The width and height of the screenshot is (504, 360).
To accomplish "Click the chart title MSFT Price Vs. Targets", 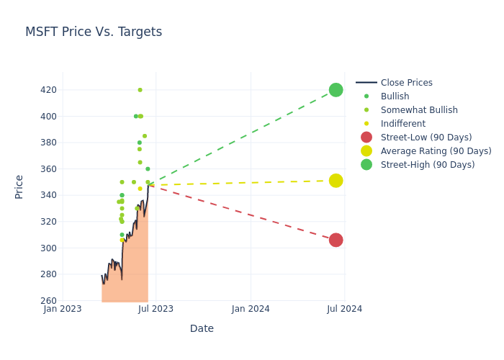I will click(94, 32).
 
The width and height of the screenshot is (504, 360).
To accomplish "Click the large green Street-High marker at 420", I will click(336, 90).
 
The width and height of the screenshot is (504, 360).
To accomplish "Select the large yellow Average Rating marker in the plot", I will click(336, 181).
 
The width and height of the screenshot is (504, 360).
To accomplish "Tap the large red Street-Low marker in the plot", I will click(336, 240).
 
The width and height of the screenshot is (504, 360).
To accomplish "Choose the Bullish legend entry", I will click(395, 96).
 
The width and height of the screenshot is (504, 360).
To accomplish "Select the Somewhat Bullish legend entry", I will click(418, 110).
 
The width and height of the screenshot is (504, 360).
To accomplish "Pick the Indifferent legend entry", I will click(402, 124).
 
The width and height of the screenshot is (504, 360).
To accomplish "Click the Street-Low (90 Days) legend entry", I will click(426, 138).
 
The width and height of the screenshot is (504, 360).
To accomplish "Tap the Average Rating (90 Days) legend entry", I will click(436, 151).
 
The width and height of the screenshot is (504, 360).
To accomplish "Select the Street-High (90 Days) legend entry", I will click(428, 165).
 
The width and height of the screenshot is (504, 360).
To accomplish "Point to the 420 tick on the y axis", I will click(49, 90).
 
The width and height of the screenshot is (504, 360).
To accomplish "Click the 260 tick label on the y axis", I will click(49, 301).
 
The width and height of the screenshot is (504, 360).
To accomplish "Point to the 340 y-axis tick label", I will click(49, 195).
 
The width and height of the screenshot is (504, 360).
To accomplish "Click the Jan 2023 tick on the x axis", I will click(63, 309).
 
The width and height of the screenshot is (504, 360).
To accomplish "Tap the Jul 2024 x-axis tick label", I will click(344, 309).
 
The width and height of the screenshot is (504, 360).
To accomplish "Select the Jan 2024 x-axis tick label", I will click(251, 309).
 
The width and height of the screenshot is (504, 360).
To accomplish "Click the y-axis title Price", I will click(19, 186).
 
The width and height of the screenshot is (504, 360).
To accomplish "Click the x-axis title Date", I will click(202, 328).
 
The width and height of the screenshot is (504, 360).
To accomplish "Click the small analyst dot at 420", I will click(140, 90).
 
